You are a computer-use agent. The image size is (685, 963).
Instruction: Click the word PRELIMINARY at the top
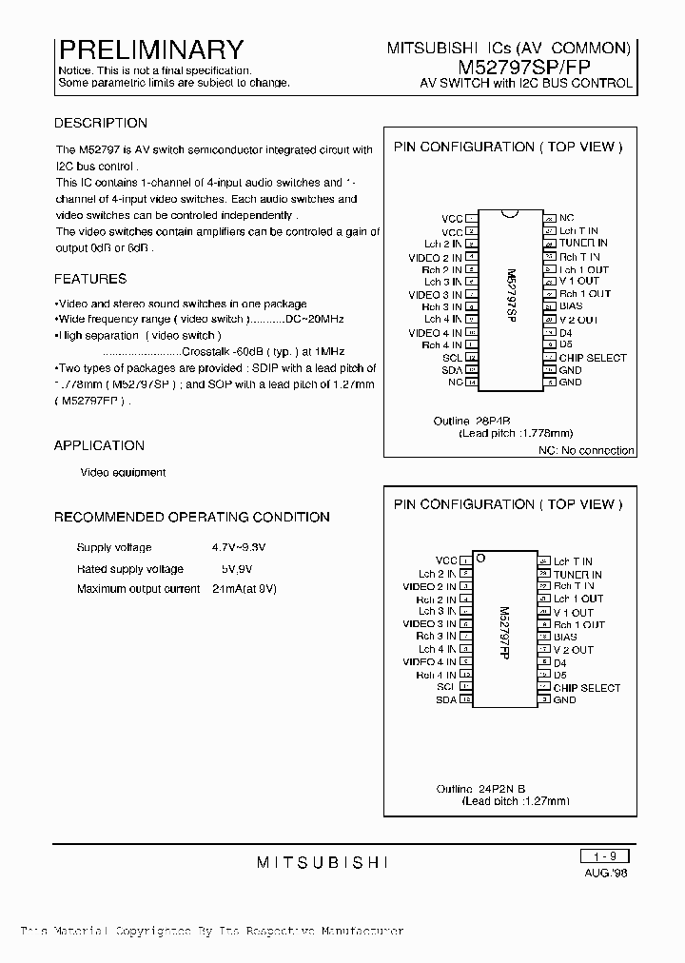tap(151, 49)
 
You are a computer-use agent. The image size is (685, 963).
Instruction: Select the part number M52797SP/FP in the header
tap(545, 67)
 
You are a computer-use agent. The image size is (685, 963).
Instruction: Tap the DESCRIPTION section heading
tap(101, 123)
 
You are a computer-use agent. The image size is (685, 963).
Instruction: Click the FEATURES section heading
tap(90, 279)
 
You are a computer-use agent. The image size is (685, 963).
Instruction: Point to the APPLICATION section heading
tap(99, 445)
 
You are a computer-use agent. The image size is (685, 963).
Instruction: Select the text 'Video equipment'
tap(123, 472)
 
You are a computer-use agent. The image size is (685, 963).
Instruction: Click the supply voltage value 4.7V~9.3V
tap(239, 548)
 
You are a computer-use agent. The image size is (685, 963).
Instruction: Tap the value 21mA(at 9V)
tap(245, 589)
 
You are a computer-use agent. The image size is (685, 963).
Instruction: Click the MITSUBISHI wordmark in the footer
tap(323, 862)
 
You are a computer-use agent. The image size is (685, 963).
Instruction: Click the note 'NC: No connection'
tap(586, 450)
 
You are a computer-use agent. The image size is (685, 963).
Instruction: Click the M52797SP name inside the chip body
tap(510, 300)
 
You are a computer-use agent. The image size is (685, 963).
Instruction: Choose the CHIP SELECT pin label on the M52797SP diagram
tap(593, 358)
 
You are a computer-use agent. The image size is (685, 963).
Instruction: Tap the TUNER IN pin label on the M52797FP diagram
tap(577, 575)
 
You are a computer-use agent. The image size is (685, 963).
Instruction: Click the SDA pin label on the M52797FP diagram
tap(446, 699)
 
